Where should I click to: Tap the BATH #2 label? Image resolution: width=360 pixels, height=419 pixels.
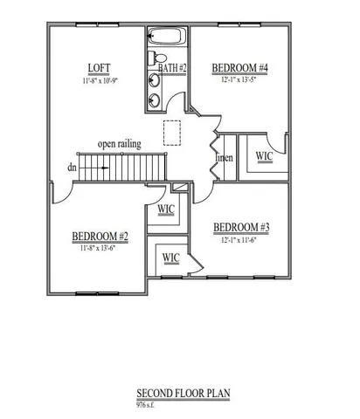tap(172, 67)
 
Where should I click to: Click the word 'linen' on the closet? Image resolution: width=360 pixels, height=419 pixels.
tap(224, 157)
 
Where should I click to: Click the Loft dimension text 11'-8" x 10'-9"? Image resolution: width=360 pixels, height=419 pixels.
tap(98, 79)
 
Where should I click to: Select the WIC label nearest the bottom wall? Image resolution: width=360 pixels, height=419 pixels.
tap(170, 258)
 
